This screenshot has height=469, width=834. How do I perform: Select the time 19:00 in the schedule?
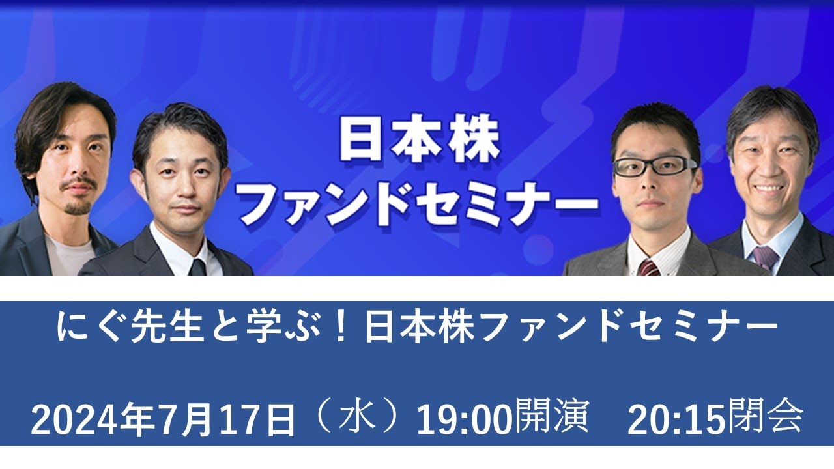463,420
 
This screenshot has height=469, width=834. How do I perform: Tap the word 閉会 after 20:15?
765,419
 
